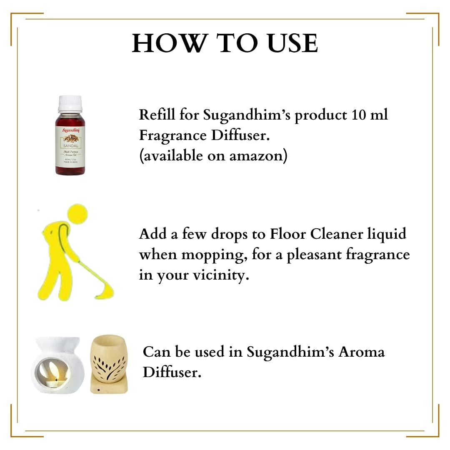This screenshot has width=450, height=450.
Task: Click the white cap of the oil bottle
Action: point(70,104)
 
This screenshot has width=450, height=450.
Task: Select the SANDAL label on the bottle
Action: point(70,146)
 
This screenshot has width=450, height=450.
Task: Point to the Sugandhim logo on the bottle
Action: point(70,130)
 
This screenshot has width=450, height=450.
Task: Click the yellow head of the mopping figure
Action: point(78,213)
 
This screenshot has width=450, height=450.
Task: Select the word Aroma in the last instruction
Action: point(361,352)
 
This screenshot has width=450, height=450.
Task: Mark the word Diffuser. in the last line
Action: point(172,372)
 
